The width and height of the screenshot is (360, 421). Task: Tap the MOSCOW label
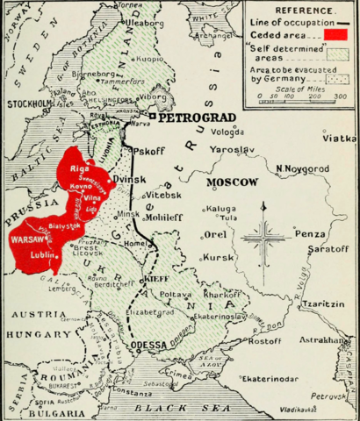[x=232, y=182]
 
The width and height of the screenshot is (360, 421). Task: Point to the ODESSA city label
[x=147, y=346]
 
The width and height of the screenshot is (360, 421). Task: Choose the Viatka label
[x=339, y=139]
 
